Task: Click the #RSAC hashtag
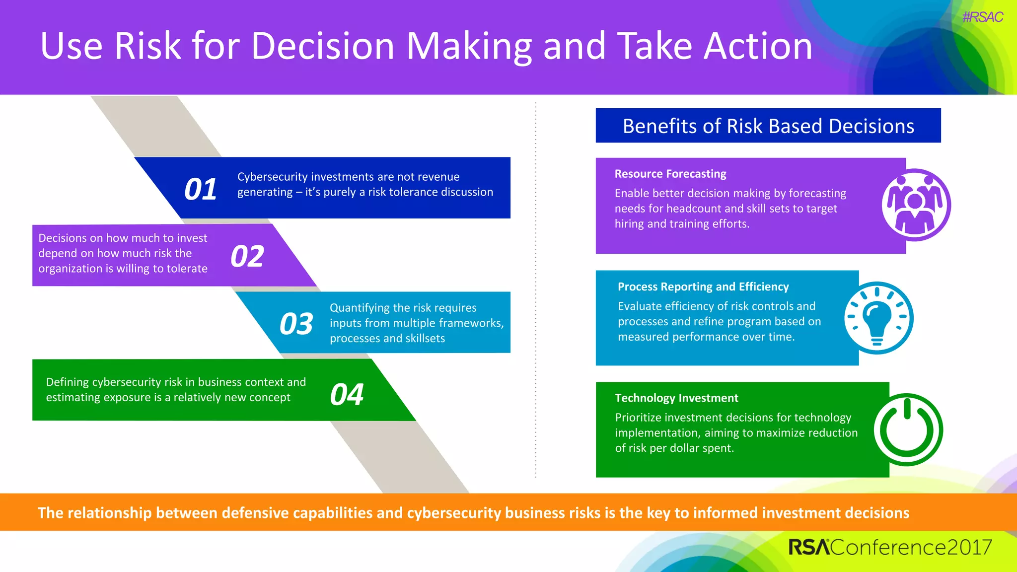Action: (982, 17)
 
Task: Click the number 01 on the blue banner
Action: (201, 189)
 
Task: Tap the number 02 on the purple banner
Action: (247, 256)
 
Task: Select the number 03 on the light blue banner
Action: (296, 324)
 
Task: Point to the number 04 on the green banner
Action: (347, 395)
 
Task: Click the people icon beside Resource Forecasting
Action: (915, 205)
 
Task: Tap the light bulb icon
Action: (878, 318)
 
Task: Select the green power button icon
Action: (908, 429)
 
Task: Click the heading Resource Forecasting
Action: (670, 174)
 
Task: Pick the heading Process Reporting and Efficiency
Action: (703, 286)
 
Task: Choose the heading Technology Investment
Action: (676, 398)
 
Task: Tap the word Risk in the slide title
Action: (147, 46)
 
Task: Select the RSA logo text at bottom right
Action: (808, 547)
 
